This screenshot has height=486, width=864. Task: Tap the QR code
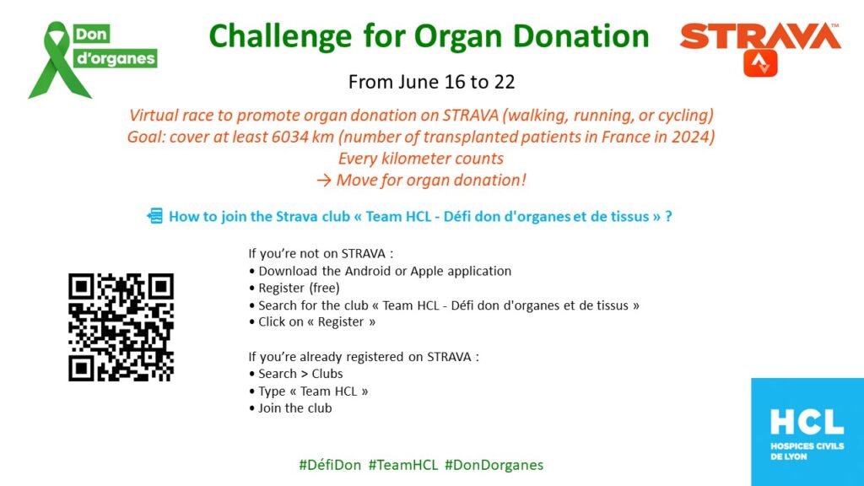click(x=121, y=327)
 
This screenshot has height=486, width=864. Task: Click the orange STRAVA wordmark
click(x=760, y=36)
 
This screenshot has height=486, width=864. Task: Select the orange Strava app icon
click(x=760, y=63)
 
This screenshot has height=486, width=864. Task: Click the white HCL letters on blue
click(x=807, y=423)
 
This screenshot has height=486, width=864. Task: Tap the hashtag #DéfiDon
click(x=330, y=465)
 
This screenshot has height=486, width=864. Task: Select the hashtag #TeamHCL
click(x=403, y=465)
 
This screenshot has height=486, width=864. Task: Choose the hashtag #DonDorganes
click(x=494, y=465)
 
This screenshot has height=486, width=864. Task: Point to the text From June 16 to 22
click(x=431, y=82)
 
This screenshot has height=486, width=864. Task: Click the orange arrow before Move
click(x=324, y=181)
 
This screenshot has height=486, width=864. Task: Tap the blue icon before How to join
click(x=155, y=215)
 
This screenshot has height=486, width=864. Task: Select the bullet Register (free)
click(x=294, y=289)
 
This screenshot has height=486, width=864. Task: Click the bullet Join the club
click(x=290, y=408)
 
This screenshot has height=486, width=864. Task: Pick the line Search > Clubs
click(x=296, y=374)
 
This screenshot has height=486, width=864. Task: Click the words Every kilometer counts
click(x=421, y=159)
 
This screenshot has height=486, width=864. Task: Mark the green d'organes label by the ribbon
click(x=115, y=58)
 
